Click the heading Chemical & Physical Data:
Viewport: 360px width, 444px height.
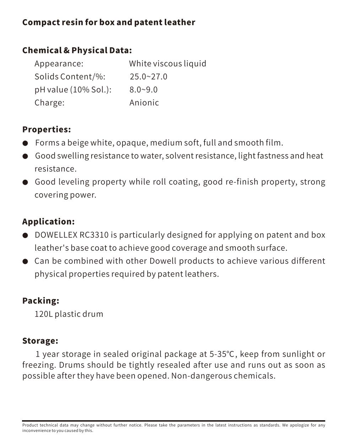click(77, 50)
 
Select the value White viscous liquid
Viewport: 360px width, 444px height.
click(167, 64)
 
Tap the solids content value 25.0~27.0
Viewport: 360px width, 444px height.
click(148, 77)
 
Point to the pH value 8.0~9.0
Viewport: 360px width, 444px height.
click(143, 90)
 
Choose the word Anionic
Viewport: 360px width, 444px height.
click(144, 103)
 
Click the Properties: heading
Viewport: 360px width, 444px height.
click(47, 129)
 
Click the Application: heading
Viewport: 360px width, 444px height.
click(48, 222)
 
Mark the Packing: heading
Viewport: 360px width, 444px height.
click(40, 301)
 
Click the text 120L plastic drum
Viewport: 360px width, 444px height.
click(69, 314)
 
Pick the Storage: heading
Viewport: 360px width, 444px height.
click(40, 341)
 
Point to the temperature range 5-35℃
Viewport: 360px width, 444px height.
click(222, 354)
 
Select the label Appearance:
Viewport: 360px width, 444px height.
click(59, 64)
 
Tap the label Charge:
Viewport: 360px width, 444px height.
click(49, 103)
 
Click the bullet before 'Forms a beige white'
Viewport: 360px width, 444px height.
click(25, 143)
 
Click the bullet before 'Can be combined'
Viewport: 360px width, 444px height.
click(25, 262)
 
